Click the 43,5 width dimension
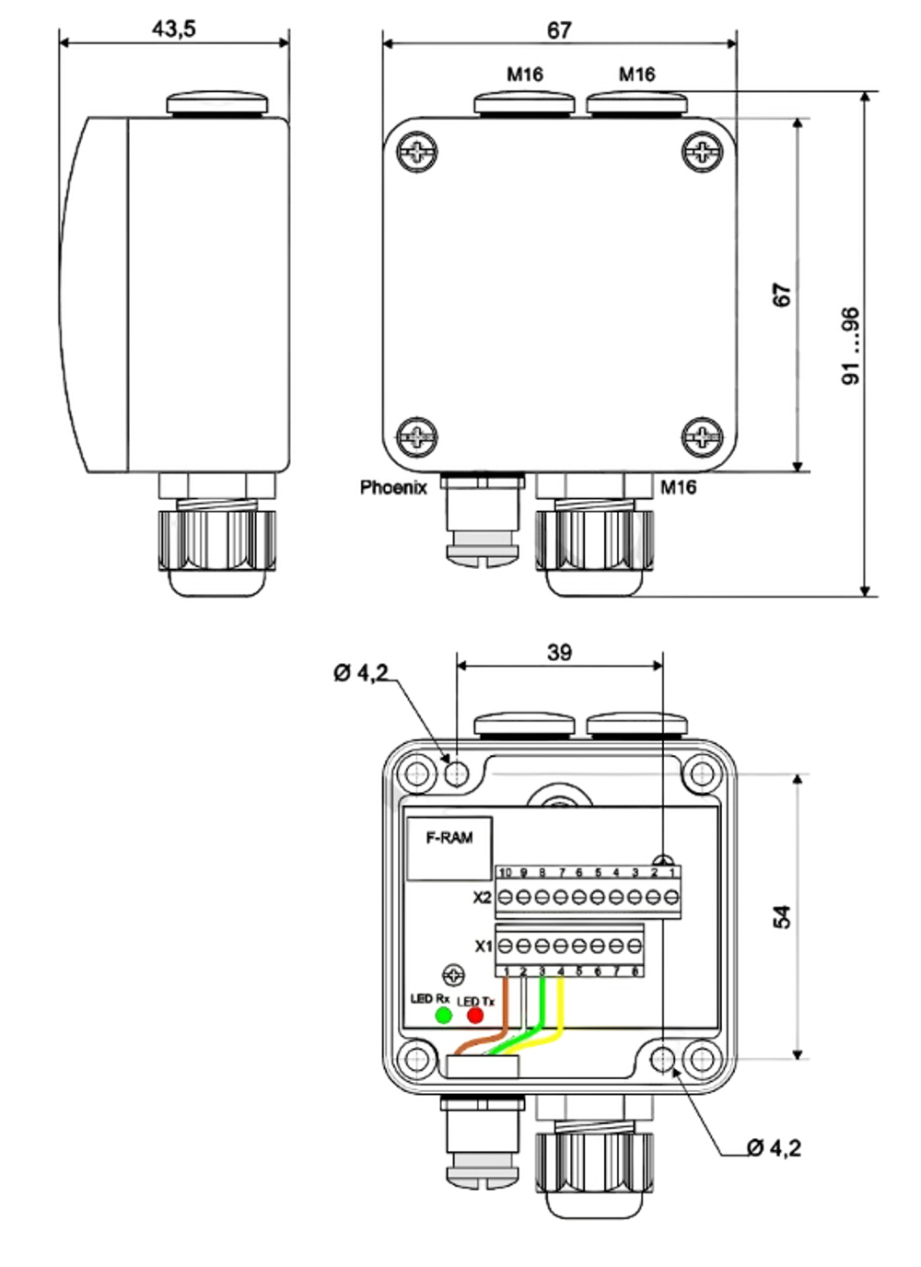174,29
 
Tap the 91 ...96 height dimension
851,346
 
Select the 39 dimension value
559,652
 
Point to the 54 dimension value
781,916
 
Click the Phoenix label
393,487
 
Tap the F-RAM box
449,848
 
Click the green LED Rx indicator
443,1015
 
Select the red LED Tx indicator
475,1015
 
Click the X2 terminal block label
482,898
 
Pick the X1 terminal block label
484,946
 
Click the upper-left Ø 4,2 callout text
361,674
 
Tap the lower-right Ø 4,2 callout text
774,1147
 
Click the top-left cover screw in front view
418,152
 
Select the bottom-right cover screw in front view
703,436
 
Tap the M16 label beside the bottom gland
678,487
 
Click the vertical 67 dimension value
781,296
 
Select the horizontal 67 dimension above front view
559,30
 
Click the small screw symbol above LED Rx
454,975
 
